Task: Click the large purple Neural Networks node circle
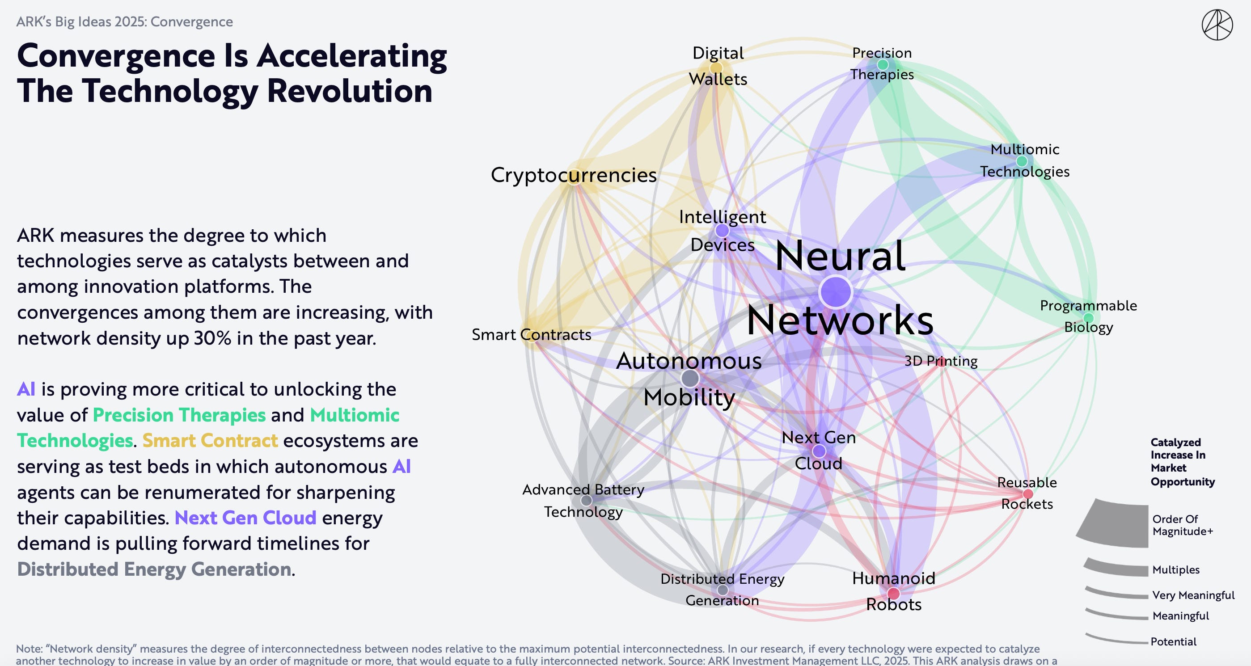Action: click(835, 292)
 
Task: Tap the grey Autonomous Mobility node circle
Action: click(689, 378)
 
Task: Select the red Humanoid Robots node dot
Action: click(893, 593)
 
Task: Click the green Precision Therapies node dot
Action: click(883, 64)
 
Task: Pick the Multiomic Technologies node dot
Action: click(1022, 161)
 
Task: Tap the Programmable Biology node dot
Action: click(1088, 318)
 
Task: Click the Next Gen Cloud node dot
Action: click(819, 451)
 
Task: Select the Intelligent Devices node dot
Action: click(722, 230)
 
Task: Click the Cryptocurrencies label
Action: click(573, 175)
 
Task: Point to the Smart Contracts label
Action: click(531, 334)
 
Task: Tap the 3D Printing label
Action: click(941, 361)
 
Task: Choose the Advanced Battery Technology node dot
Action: click(586, 500)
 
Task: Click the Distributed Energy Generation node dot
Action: click(723, 590)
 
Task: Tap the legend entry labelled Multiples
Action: click(1176, 570)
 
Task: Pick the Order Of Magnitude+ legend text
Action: click(1182, 525)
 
